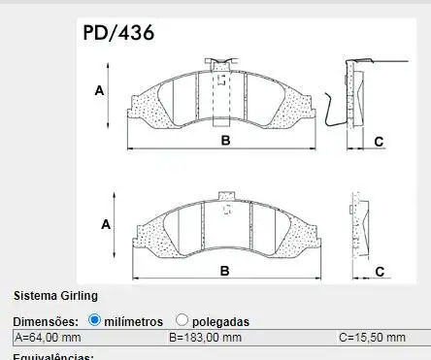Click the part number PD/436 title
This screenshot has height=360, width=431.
pos(118,33)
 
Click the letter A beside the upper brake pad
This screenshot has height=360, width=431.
pos(100,90)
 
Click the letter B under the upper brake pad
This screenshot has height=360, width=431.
pos(225,142)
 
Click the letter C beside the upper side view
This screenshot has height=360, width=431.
pos(379,142)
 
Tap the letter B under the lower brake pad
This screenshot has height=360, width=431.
pos(224,271)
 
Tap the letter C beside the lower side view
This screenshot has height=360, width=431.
pos(380,271)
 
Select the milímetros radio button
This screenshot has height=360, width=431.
pos(95,319)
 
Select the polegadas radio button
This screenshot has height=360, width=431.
pos(182,319)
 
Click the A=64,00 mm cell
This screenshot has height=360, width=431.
pos(87,337)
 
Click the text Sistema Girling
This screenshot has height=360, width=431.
pos(55,295)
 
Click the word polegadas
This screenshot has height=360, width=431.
pos(220,320)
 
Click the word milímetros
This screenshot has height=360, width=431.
pos(136,320)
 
